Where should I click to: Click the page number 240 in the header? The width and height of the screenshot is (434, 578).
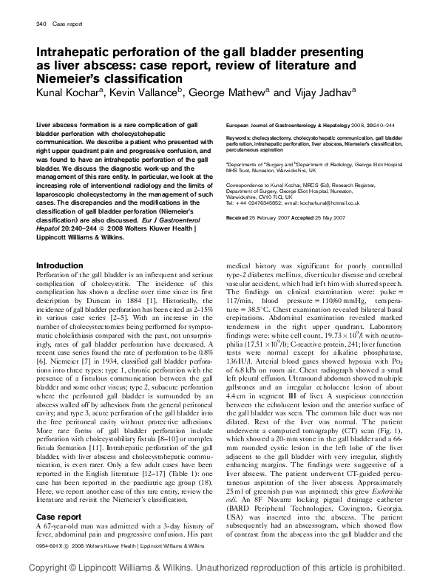coord(41,24)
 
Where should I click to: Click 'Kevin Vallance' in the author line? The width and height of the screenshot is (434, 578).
coord(145,92)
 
